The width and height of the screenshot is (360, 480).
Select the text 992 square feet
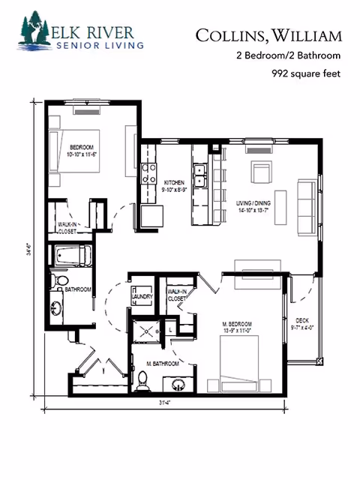pos(305,73)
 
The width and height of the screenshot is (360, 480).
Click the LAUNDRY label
pos(142,297)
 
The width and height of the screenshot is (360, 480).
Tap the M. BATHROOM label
pos(163,364)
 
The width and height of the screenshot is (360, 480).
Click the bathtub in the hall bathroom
pos(71,255)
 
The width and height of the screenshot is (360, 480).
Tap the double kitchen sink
pos(200,178)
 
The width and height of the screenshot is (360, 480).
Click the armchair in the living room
pos(262,173)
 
